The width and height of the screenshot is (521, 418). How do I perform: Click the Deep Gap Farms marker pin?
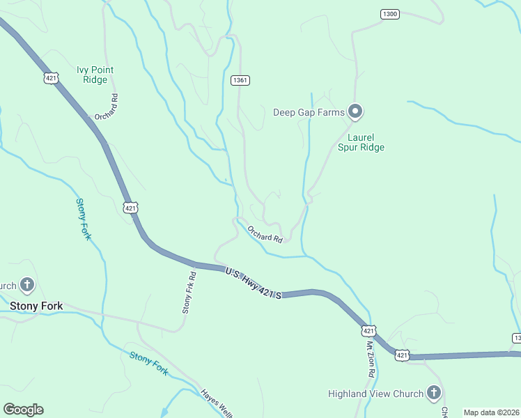pos(355,111)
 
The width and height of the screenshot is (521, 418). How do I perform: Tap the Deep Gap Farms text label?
pos(309,111)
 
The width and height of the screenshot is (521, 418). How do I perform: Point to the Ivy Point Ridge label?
pos(95,75)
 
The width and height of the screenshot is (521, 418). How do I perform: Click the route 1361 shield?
pos(240,81)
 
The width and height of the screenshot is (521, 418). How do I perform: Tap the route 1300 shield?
pos(390,14)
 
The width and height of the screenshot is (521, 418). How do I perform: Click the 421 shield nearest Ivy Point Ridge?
pos(50,78)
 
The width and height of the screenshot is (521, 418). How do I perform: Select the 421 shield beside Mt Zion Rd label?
pos(369,330)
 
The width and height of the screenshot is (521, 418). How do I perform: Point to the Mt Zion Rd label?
pos(371,359)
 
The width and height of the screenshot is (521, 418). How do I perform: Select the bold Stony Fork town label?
pos(36,306)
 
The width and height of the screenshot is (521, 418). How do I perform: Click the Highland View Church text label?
pos(375,394)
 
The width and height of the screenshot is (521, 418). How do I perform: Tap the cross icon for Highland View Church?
pos(434,393)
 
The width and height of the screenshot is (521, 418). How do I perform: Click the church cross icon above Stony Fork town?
pos(27,285)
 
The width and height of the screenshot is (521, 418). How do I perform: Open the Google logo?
pos(23,409)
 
